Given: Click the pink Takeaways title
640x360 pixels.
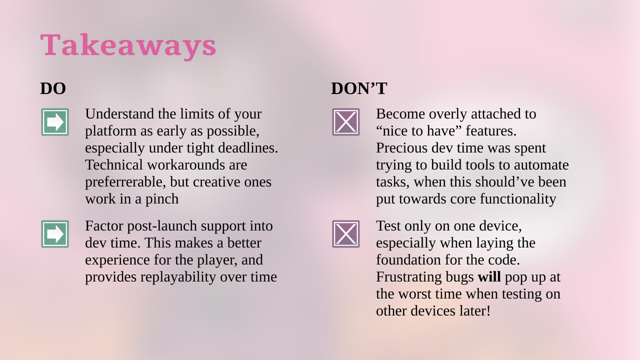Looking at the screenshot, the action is (128, 45).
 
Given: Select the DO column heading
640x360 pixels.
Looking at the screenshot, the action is (53, 88).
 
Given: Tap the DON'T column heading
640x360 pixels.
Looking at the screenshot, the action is (359, 88).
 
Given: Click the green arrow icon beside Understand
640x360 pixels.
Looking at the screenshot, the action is (55, 122).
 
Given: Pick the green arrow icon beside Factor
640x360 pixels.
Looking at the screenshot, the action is (55, 234).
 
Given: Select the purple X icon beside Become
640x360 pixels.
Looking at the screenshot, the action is (345, 122).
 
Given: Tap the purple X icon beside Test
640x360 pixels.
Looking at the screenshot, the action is (345, 234).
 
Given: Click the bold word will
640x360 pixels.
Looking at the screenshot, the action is (489, 277).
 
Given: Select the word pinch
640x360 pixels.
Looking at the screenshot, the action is (162, 199).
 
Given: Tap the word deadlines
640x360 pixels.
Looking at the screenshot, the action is (248, 148).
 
